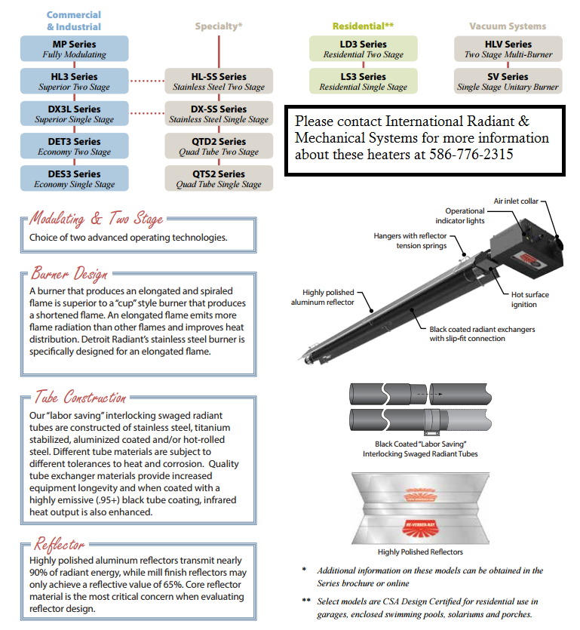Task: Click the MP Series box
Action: tap(75, 49)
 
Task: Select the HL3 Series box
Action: tap(75, 81)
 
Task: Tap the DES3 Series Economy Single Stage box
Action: tap(75, 179)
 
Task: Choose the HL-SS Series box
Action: tap(219, 81)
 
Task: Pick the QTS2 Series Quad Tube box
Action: tap(219, 179)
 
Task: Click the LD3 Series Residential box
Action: tap(362, 49)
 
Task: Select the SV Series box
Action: tap(508, 81)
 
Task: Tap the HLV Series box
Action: tap(508, 49)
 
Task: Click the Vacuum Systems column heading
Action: tap(508, 26)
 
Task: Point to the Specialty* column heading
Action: tap(219, 26)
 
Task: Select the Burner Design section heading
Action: tap(69, 274)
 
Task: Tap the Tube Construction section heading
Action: tap(79, 398)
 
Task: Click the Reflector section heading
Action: tap(59, 545)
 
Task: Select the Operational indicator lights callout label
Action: tap(464, 216)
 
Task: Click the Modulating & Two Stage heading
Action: tap(96, 220)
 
